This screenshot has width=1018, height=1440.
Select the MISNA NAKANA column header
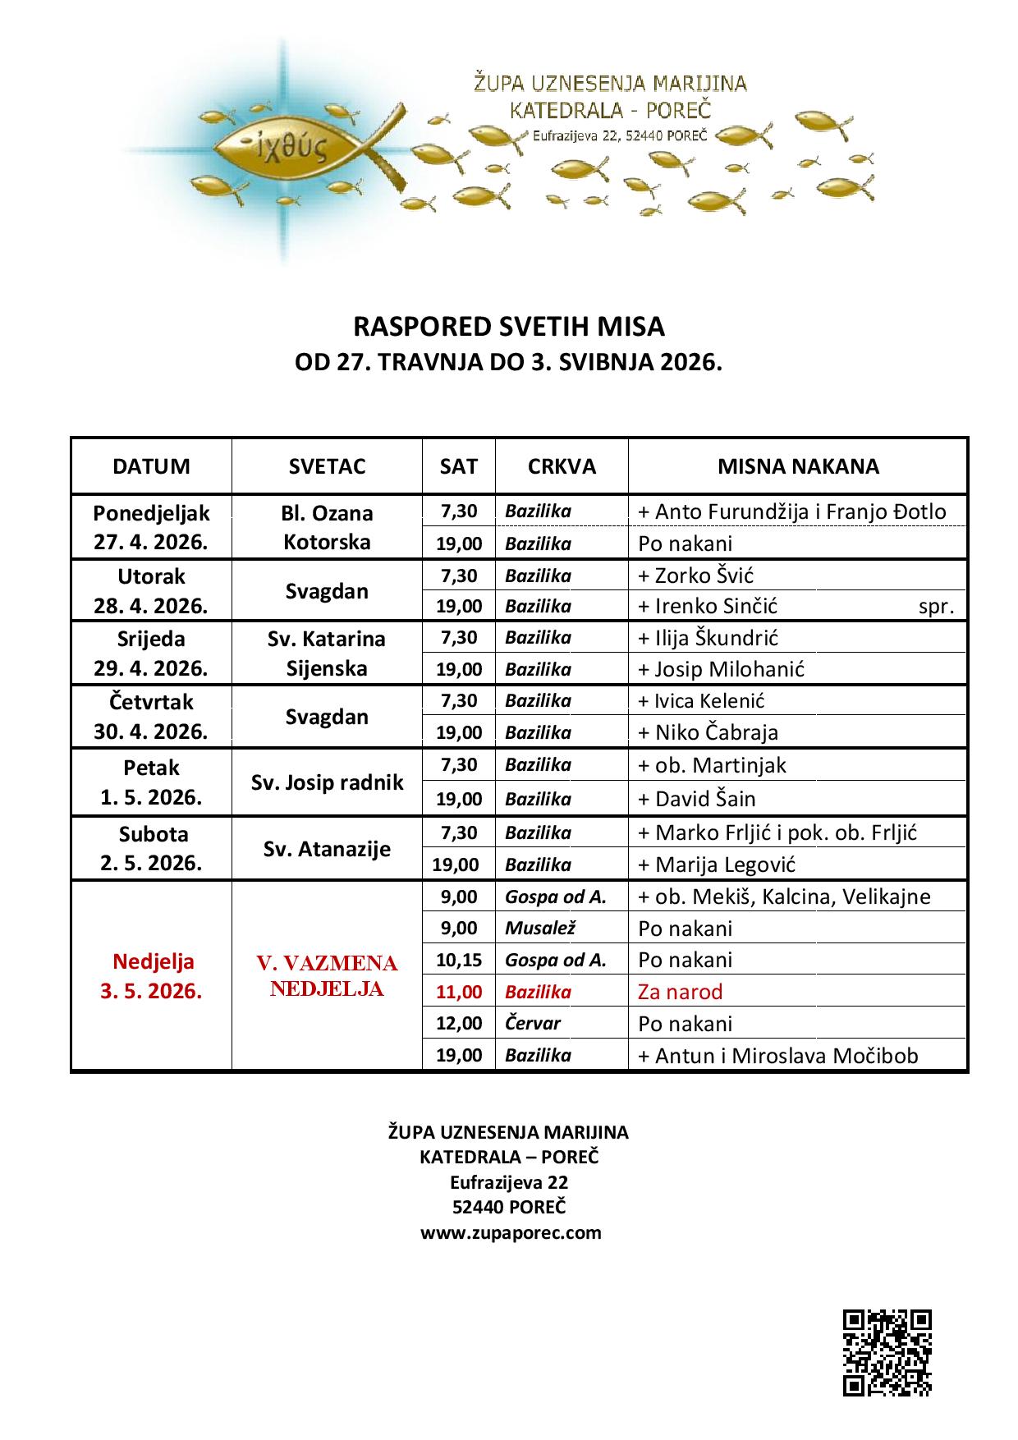[797, 466]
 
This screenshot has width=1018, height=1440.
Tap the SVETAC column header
[327, 466]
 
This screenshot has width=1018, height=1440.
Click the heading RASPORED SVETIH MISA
[508, 327]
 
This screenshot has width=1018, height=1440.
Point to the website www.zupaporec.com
[511, 1232]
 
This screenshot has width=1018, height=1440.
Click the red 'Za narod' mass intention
[680, 992]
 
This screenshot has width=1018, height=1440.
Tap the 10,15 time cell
[458, 960]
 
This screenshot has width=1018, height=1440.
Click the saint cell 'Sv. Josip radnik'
[327, 782]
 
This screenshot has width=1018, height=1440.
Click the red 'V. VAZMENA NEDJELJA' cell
[327, 975]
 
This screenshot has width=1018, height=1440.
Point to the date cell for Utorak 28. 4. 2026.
[151, 591]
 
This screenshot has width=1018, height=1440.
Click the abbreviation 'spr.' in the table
[936, 607]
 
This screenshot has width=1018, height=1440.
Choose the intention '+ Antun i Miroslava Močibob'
[777, 1055]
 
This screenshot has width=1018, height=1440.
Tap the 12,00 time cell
[458, 1023]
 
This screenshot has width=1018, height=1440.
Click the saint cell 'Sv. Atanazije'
[327, 849]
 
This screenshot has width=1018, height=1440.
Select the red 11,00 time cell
[458, 992]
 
